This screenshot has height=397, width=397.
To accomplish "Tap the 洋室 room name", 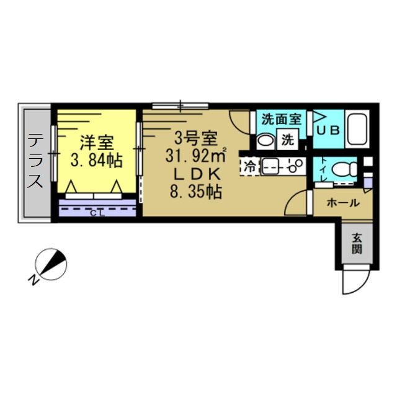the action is [96, 142].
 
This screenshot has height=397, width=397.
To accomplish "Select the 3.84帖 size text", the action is [96, 161].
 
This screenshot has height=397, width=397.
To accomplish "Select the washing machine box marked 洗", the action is [287, 140].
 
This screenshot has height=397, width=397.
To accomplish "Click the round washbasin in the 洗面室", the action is [266, 141].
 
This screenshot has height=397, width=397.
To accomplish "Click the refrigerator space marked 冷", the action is [249, 166].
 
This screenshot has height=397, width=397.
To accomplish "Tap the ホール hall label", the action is [341, 203].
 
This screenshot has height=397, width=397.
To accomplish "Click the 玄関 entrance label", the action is [357, 244].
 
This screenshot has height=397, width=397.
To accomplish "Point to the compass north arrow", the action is [50, 265].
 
